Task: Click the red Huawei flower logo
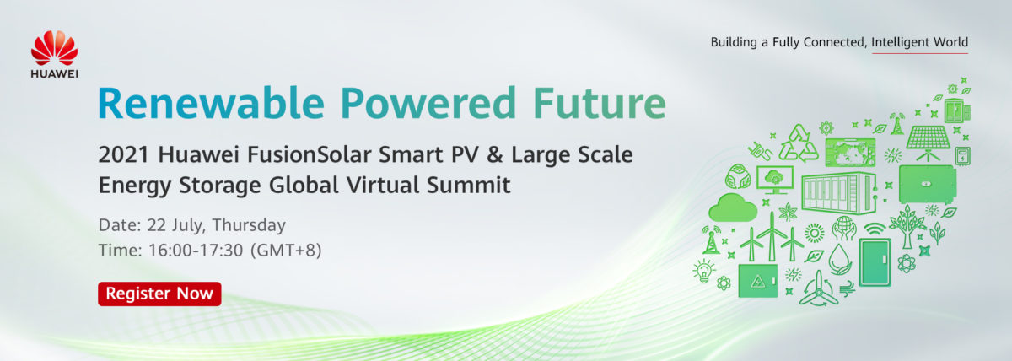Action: [54, 48]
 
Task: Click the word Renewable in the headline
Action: [212, 103]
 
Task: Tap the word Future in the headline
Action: [600, 103]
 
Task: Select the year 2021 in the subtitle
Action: [123, 154]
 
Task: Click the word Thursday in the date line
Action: [249, 225]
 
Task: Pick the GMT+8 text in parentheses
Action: [286, 250]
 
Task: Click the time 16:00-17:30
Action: [196, 250]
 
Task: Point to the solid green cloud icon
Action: [733, 207]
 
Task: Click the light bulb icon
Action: [704, 271]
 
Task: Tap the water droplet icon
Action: [840, 259]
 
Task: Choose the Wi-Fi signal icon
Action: [875, 229]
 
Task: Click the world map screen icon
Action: [850, 152]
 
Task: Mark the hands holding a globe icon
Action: [844, 229]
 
